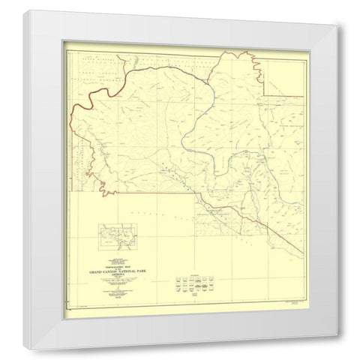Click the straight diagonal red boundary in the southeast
pyautogui.click(x=247, y=225)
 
